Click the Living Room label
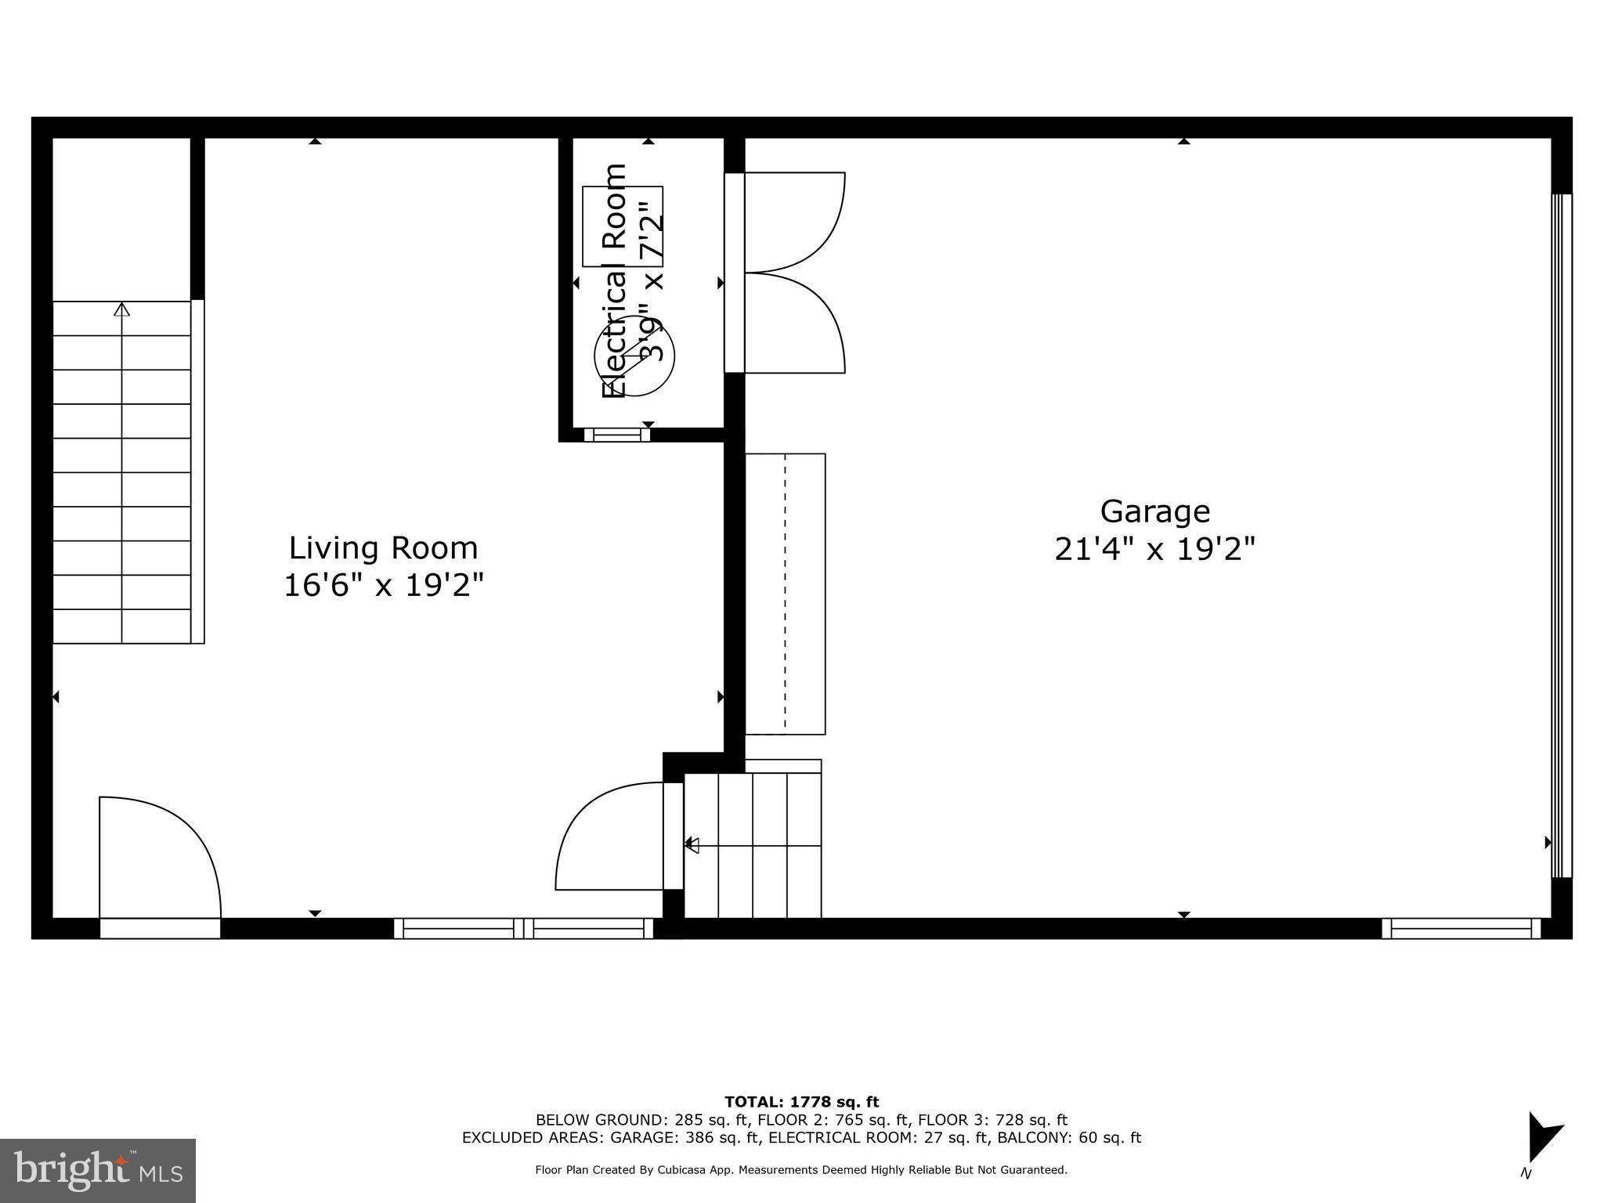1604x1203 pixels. (383, 548)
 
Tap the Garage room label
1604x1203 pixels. (1154, 511)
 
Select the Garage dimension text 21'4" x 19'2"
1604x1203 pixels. (1154, 549)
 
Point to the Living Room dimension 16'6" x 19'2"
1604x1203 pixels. (383, 585)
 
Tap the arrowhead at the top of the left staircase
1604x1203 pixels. (121, 309)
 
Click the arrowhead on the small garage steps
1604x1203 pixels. (692, 844)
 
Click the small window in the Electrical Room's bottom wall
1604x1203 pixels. (617, 435)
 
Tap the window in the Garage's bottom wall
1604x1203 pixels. (1461, 928)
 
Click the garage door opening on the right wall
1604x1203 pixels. (1561, 536)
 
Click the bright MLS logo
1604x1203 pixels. (98, 1170)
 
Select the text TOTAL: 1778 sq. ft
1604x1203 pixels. (801, 1102)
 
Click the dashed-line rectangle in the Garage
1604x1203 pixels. (785, 594)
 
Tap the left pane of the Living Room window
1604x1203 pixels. (458, 928)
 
